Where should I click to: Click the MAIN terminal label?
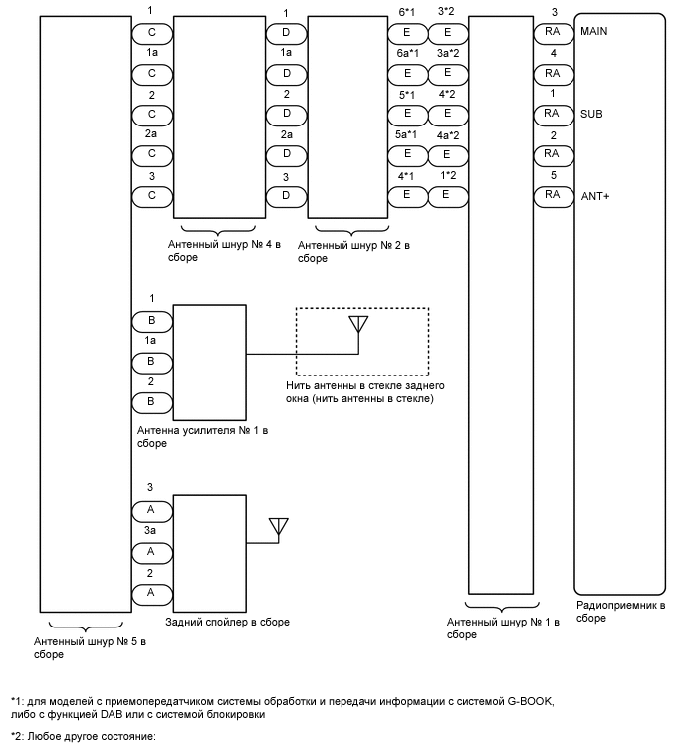click(x=593, y=32)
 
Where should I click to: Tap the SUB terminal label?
click(x=590, y=114)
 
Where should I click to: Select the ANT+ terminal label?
click(x=594, y=195)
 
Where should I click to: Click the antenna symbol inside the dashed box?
click(x=359, y=325)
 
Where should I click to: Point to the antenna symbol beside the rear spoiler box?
click(x=278, y=526)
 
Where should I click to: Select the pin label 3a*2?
click(x=447, y=53)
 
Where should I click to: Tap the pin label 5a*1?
click(x=407, y=134)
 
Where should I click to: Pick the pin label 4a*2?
click(x=447, y=134)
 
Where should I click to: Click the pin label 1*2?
click(x=447, y=175)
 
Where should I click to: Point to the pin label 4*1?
click(x=407, y=175)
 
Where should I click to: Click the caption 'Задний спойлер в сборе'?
click(x=228, y=622)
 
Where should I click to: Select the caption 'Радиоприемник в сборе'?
click(x=621, y=611)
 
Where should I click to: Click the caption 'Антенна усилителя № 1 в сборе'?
click(x=203, y=437)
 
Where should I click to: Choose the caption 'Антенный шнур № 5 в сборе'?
click(x=90, y=647)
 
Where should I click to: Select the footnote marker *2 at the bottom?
click(x=17, y=737)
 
